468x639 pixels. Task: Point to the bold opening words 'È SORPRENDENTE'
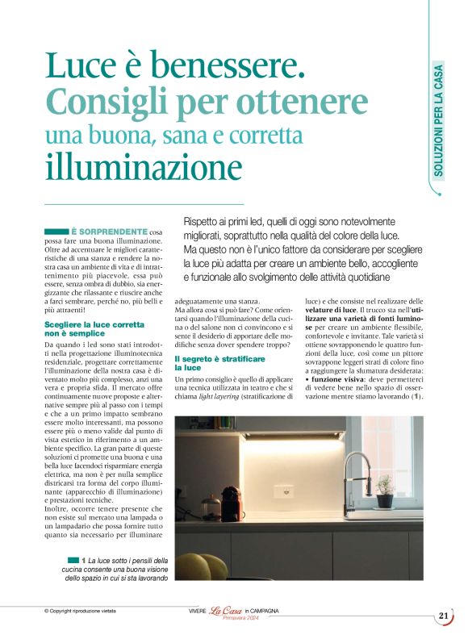click(x=109, y=232)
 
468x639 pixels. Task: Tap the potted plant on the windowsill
click(x=384, y=486)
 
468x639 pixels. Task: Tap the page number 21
click(x=444, y=616)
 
